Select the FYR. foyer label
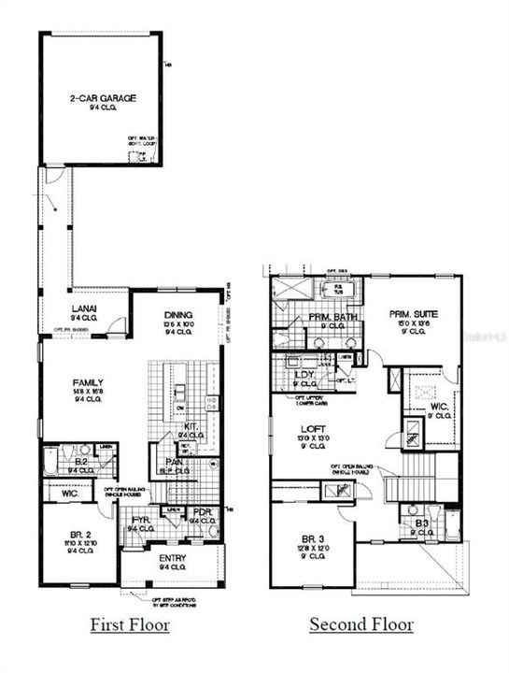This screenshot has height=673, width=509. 141,521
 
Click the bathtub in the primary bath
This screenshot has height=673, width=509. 332,289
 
